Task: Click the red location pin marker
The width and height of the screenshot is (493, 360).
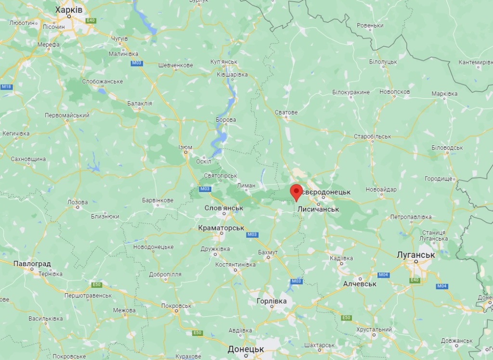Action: [296, 192]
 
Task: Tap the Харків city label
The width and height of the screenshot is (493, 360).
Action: [69, 10]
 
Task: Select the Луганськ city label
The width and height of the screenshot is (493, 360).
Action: [415, 255]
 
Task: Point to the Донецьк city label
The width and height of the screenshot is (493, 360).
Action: [246, 348]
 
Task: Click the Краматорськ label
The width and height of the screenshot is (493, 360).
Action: [221, 228]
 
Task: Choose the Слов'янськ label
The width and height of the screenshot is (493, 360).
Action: [224, 208]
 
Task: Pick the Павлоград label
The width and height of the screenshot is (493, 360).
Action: [32, 264]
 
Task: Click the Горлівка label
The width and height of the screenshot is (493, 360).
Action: [272, 301]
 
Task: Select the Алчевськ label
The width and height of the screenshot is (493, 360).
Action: [360, 284]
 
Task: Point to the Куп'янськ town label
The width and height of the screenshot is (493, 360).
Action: [224, 62]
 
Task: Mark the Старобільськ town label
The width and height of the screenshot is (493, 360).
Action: [372, 136]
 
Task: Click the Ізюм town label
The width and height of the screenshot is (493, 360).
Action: [185, 147]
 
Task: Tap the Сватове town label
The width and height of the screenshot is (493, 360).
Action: [286, 112]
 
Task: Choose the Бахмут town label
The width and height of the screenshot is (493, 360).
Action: [268, 252]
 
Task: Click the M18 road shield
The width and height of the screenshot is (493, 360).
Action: [6, 87]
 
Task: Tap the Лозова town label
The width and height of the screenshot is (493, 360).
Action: [78, 202]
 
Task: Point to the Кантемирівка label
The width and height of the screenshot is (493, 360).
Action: [475, 62]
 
